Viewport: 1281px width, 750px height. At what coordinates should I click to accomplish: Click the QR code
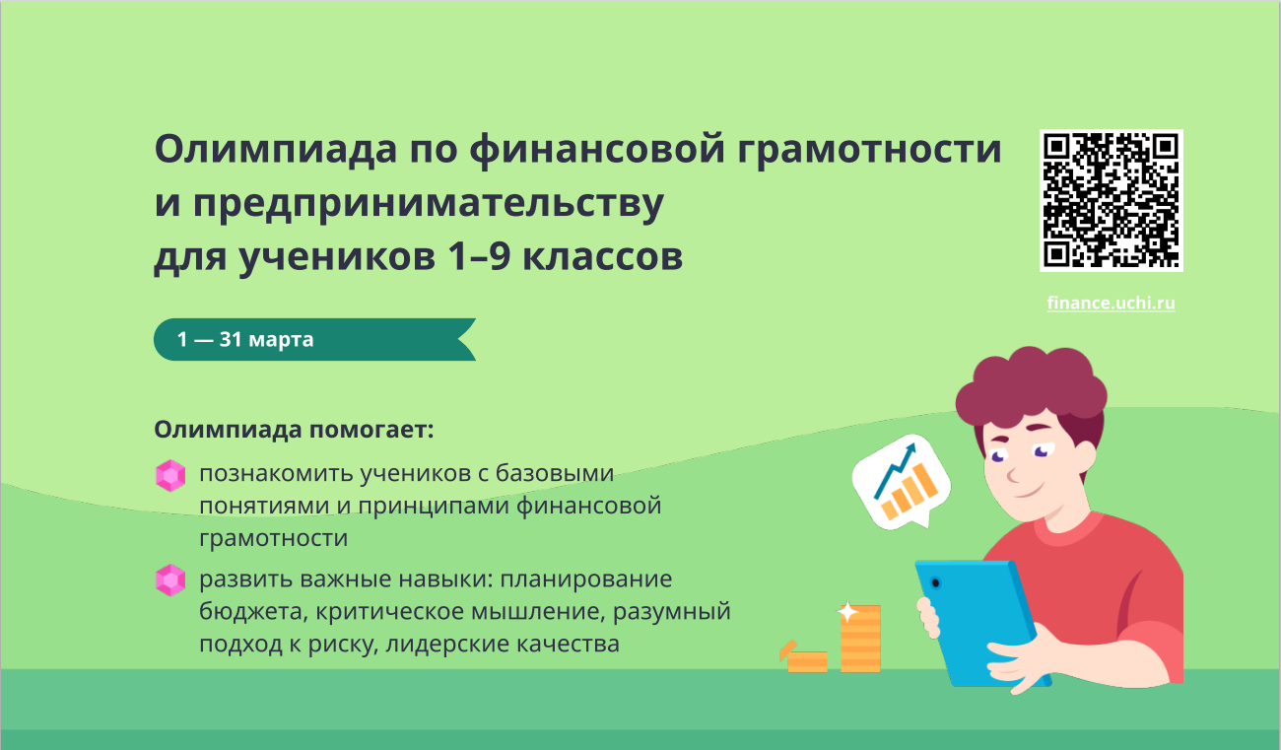coord(1111,200)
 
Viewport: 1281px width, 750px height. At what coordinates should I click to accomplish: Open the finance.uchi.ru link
coord(1111,303)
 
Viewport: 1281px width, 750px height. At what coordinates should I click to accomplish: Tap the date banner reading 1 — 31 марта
coord(314,339)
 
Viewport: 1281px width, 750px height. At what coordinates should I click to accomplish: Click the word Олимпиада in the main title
coord(276,149)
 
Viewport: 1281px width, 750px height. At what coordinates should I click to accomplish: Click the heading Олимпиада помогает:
coord(294,430)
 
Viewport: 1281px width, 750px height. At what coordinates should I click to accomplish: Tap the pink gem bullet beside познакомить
coord(170,475)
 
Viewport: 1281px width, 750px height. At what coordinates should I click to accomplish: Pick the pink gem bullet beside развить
coord(170,580)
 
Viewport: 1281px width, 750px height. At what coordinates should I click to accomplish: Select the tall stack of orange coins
coord(860,638)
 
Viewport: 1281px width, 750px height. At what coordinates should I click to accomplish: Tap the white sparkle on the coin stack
coord(848,612)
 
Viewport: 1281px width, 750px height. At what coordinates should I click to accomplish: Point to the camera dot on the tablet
coord(935,583)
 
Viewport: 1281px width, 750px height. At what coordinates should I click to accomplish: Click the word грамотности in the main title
coord(869,150)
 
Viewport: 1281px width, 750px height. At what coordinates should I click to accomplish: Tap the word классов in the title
coord(603,257)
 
